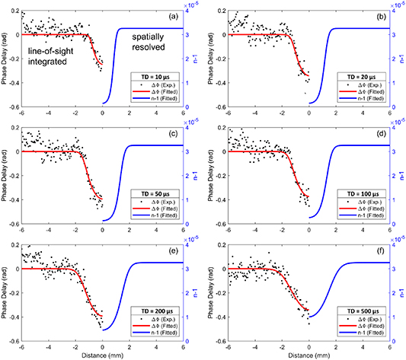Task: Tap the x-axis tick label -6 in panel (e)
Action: tap(21, 346)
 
